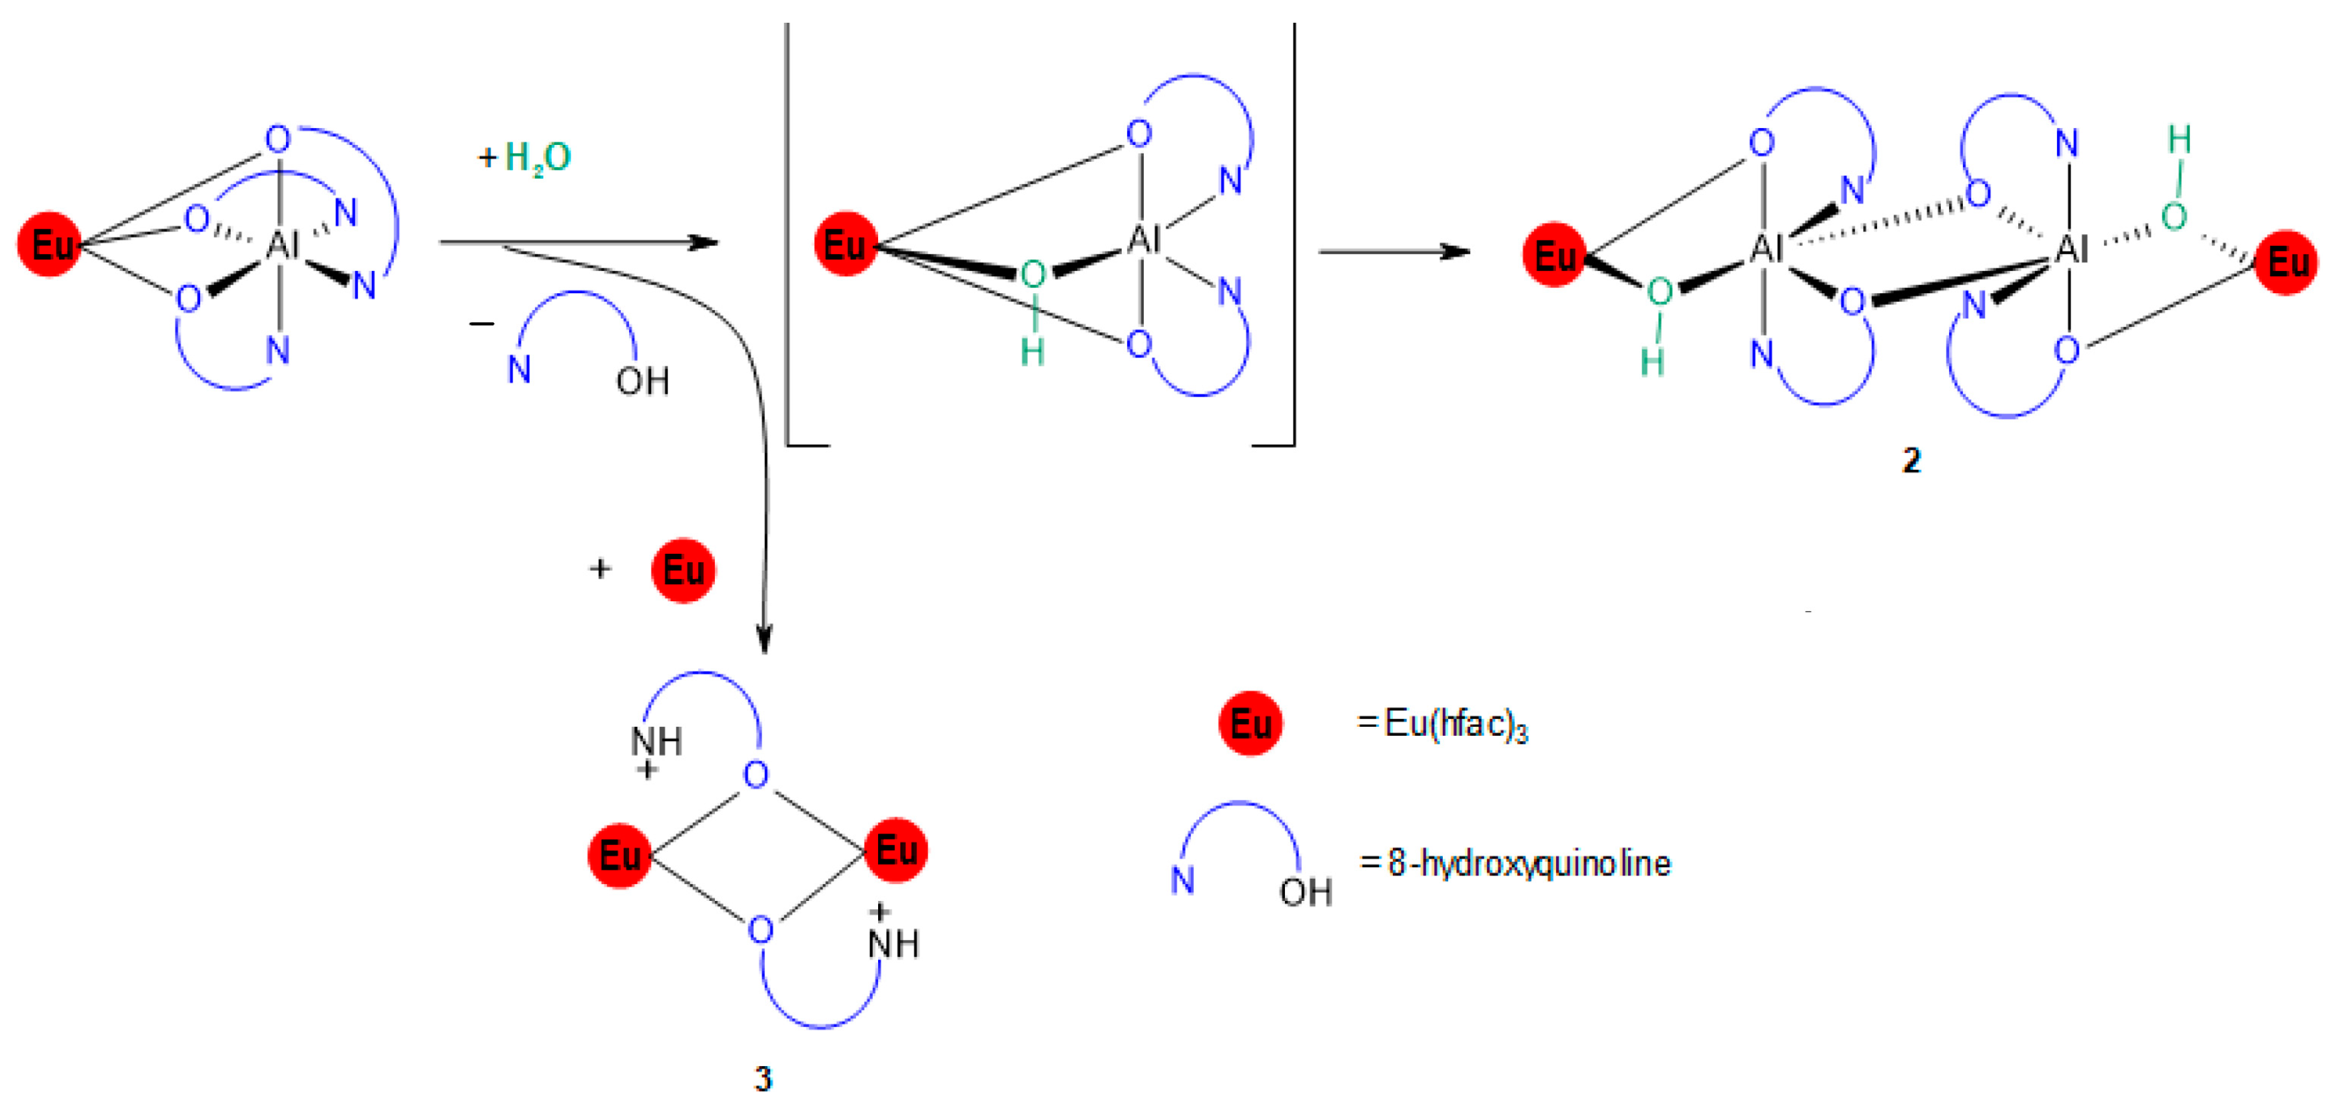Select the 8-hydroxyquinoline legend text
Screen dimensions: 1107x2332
(x=1529, y=863)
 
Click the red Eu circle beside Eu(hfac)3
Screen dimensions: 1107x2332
(x=1250, y=724)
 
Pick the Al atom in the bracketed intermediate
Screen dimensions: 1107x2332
(x=1143, y=241)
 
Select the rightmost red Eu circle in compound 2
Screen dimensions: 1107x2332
(x=2286, y=263)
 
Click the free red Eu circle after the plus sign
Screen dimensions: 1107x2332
(x=684, y=570)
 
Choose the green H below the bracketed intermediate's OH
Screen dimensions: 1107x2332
(x=1033, y=352)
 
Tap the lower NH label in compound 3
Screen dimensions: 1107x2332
(x=894, y=944)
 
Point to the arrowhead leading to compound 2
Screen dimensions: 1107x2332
(x=1456, y=252)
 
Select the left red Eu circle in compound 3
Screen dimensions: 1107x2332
(x=620, y=855)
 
